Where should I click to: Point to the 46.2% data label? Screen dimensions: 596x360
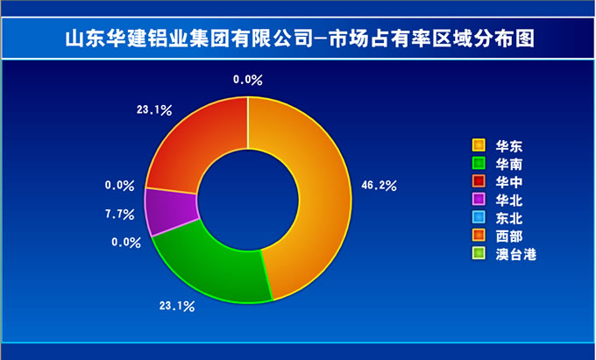click(379, 186)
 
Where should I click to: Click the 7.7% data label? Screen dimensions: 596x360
click(120, 215)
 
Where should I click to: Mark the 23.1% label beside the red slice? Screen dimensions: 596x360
click(154, 110)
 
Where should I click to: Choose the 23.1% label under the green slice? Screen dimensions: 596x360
click(177, 306)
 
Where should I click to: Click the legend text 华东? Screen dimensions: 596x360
click(509, 146)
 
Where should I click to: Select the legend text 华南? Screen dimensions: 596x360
click(509, 165)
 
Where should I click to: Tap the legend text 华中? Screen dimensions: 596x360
click(509, 182)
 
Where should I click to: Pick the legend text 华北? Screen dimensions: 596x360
click(509, 200)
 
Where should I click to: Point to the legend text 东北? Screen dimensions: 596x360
click(509, 218)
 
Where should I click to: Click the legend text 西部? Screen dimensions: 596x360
click(509, 236)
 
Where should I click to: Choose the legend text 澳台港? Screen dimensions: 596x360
click(515, 254)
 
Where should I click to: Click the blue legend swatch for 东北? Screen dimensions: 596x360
click(479, 217)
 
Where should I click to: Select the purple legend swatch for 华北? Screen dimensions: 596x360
click(479, 199)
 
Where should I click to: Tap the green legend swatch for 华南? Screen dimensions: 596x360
click(479, 163)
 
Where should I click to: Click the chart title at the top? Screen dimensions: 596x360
click(300, 39)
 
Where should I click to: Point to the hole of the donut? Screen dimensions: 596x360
click(248, 200)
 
